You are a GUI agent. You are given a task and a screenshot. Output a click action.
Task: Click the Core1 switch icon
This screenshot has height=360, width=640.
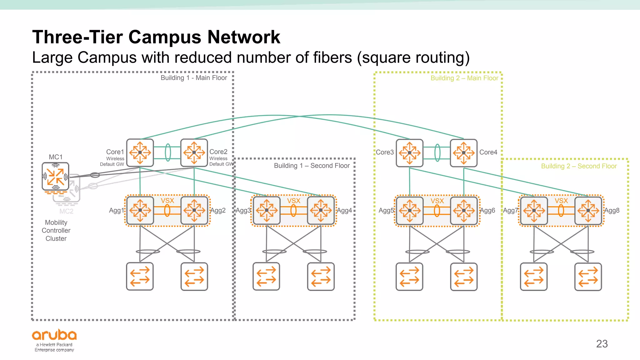(x=140, y=152)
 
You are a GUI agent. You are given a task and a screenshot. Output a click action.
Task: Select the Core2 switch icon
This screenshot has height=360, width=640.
(x=194, y=152)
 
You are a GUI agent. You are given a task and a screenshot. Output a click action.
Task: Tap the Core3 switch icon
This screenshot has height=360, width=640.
(x=410, y=153)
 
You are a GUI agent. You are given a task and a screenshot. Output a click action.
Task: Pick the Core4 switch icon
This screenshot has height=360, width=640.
(x=464, y=153)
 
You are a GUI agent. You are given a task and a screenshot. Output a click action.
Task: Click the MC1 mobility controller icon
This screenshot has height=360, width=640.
(x=55, y=177)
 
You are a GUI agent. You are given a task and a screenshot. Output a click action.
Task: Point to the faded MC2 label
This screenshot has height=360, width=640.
(x=66, y=211)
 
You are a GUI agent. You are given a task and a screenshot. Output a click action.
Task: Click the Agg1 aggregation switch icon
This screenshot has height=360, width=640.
(x=140, y=210)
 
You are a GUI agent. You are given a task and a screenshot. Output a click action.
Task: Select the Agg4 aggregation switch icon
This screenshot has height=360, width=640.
(x=321, y=210)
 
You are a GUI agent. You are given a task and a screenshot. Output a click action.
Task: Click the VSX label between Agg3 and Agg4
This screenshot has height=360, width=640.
(x=293, y=201)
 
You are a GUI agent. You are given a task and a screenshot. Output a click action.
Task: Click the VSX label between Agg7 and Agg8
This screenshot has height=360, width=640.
(x=561, y=201)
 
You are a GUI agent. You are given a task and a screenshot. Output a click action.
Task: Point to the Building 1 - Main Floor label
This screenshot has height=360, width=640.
(x=194, y=78)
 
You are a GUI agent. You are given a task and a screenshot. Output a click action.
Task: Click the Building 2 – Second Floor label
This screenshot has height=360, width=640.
(x=579, y=166)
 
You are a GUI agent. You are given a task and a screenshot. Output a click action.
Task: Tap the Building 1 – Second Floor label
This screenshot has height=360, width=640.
(x=312, y=166)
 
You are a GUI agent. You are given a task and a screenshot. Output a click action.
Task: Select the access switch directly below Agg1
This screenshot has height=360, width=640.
(x=140, y=277)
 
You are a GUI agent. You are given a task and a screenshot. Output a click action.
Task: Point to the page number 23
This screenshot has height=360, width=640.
(x=602, y=344)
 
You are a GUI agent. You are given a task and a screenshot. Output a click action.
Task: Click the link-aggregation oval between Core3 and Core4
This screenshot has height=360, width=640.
(x=437, y=153)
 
